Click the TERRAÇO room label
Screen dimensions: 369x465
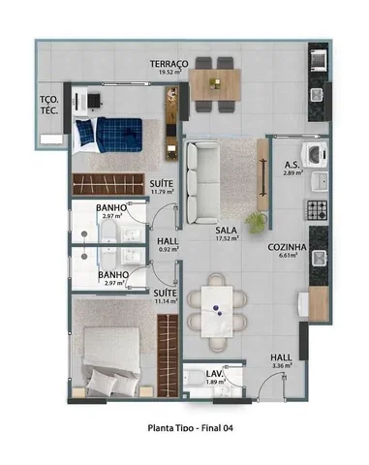169,64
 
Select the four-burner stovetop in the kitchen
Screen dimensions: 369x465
317,210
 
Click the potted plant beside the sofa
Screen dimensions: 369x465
257,222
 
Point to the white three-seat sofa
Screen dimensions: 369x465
202,183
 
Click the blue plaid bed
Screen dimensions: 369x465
108,135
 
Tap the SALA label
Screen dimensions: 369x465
227,231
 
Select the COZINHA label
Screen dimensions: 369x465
287,247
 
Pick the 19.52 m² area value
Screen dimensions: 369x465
169,73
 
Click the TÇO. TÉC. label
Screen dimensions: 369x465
49,105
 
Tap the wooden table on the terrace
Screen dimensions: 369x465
215,84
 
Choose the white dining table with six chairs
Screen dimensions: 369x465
217,312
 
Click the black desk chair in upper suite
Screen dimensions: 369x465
95,101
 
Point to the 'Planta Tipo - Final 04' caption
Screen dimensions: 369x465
191,428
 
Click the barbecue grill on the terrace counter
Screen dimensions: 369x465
319,59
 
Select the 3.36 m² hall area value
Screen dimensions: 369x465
282,365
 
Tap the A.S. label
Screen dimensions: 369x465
292,165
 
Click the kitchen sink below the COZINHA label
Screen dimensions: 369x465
319,259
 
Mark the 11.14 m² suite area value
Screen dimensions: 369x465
167,301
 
